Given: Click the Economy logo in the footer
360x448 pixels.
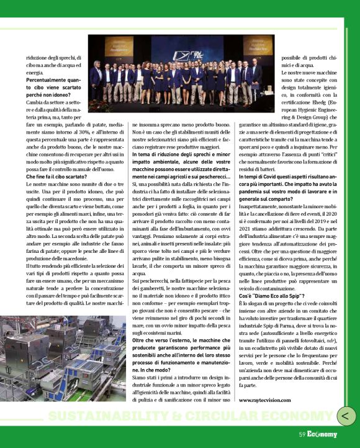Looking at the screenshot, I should (x=322, y=434).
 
